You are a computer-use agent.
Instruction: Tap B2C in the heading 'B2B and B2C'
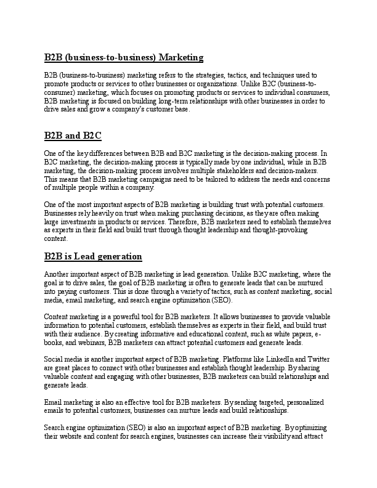90,135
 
